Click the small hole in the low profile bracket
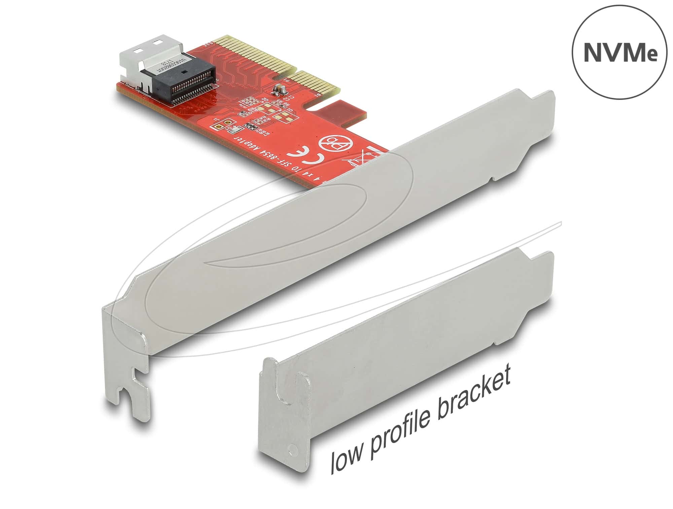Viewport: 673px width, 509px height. click(291, 448)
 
